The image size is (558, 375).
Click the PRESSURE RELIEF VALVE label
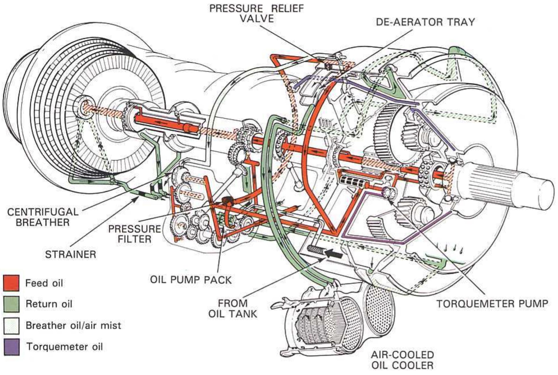pos(257,13)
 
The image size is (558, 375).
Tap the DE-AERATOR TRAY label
pos(425,22)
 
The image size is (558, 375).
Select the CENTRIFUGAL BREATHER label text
pos(42,217)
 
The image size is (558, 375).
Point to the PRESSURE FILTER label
pos(134,234)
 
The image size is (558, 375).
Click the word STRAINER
pos(70,254)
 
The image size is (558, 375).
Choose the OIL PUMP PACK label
pos(191,280)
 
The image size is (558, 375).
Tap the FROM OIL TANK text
pos(232,308)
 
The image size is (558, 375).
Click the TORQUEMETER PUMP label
pos(492,303)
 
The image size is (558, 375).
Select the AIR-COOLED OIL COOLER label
pos(402,360)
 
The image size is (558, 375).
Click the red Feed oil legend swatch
pos(11,283)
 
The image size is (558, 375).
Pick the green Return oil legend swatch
pos(11,304)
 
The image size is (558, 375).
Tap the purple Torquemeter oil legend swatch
pos(11,347)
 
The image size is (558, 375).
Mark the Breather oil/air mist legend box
pos(11,325)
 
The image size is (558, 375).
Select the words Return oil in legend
pos(49,304)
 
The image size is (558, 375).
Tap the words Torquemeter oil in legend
pos(64,347)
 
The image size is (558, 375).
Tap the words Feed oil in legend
pos(44,283)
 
